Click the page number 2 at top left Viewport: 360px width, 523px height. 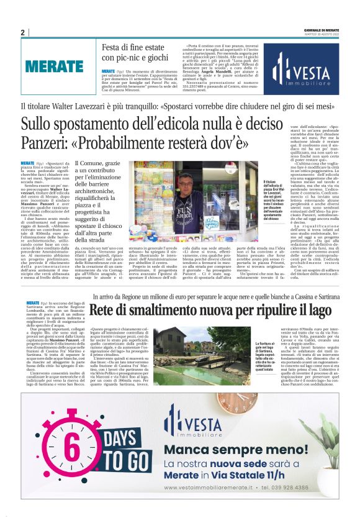(23, 33)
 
